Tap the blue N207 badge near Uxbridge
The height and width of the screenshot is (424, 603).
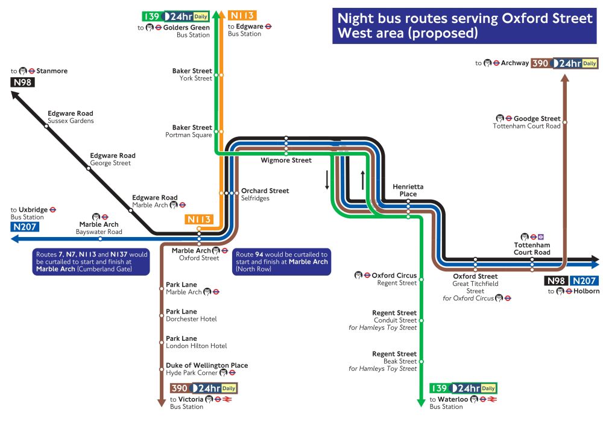(x=25, y=227)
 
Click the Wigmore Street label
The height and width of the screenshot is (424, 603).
(x=286, y=160)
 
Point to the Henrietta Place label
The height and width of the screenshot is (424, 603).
(x=408, y=190)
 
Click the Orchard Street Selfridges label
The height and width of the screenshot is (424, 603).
(x=265, y=194)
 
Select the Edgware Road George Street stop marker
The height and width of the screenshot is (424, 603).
(x=89, y=169)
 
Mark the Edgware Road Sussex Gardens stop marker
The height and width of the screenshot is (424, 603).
(x=46, y=127)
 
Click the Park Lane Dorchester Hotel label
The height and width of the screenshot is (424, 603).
(x=191, y=315)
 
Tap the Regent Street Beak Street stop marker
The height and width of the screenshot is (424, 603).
(x=421, y=361)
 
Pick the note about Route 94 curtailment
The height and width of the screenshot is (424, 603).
(x=282, y=262)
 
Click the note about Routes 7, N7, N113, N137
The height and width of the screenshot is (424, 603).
(x=92, y=262)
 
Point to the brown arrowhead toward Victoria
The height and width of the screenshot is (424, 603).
(x=161, y=403)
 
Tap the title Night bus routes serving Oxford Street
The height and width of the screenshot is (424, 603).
(x=464, y=25)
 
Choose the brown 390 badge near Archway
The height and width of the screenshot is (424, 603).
(x=540, y=63)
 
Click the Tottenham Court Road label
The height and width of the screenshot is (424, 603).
(x=532, y=248)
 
